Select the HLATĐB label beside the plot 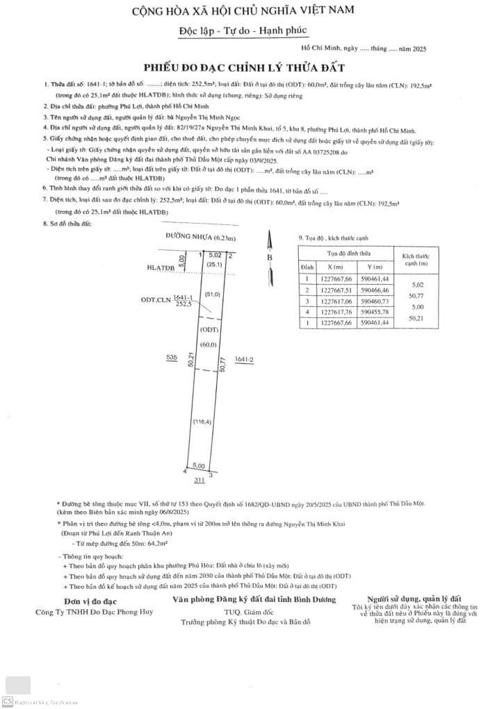click(x=161, y=267)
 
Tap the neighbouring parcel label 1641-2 click(x=245, y=359)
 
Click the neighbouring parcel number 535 click(x=172, y=357)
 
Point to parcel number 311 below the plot click(x=199, y=479)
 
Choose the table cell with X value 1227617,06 click(x=334, y=301)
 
